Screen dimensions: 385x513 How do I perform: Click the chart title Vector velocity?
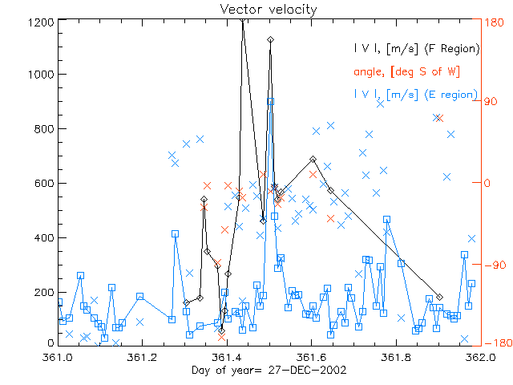click(x=256, y=9)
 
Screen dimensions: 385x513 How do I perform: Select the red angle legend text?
click(x=406, y=71)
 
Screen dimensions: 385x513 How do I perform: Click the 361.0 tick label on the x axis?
click(x=59, y=357)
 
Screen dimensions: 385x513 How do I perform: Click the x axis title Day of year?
click(x=256, y=370)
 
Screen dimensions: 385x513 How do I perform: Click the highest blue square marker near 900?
click(x=271, y=101)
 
